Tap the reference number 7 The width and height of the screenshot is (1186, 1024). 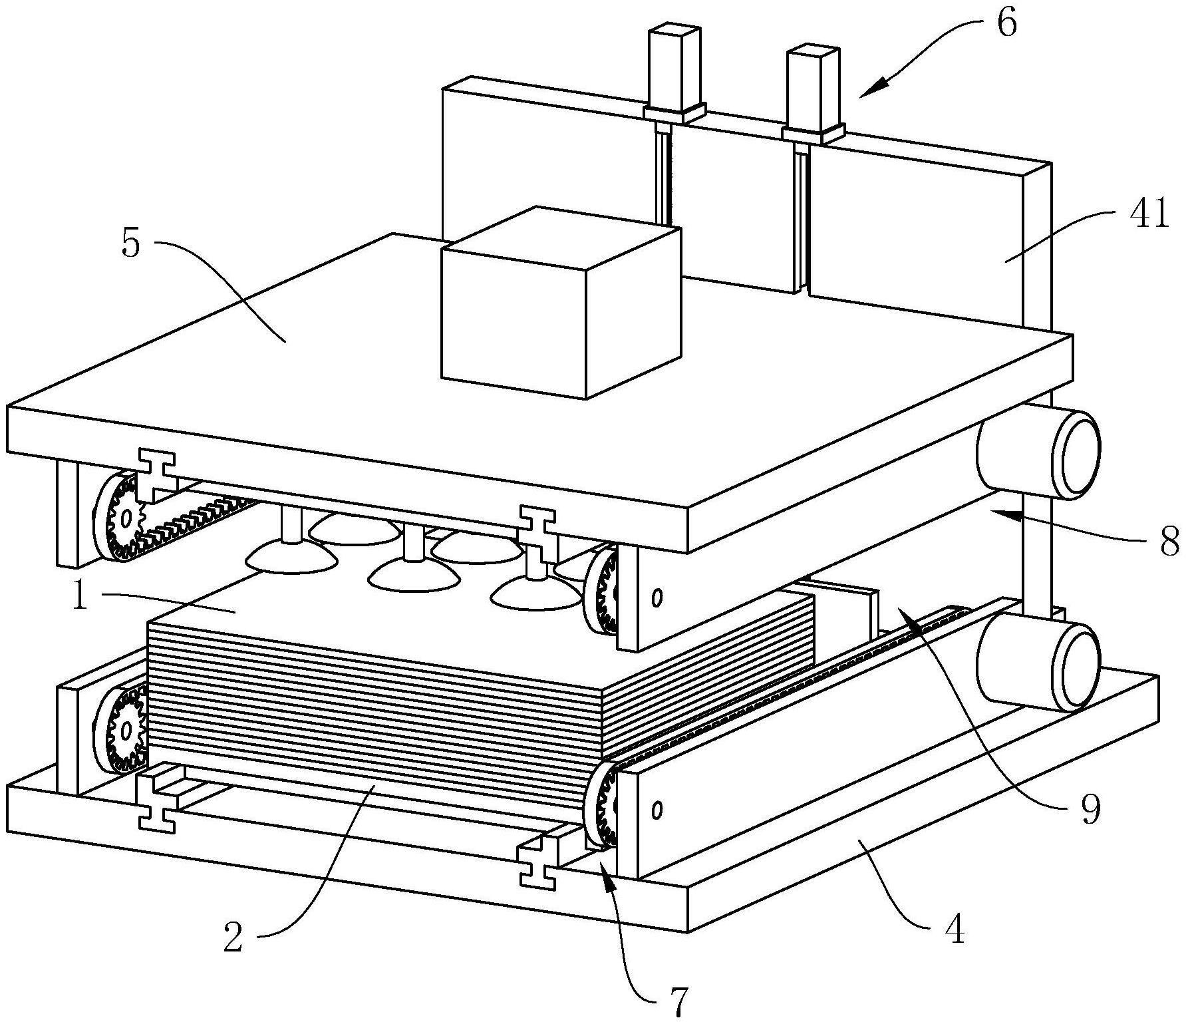[676, 1002]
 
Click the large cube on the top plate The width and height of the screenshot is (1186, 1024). [561, 303]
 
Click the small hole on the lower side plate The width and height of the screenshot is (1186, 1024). [657, 810]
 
